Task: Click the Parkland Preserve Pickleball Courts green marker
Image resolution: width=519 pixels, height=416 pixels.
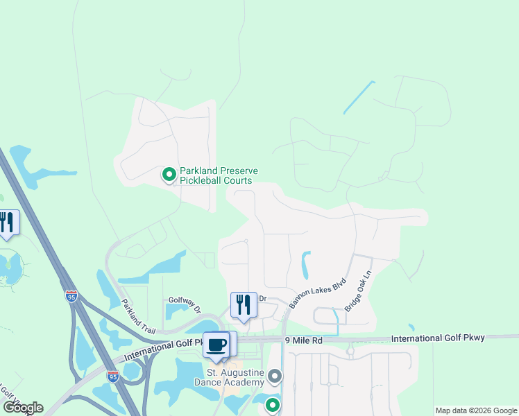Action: click(169, 175)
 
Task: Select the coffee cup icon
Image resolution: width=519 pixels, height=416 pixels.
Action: click(216, 345)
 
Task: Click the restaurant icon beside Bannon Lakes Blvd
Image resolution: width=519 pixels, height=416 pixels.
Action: click(244, 305)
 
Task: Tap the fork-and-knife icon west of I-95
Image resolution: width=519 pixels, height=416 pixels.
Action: click(7, 223)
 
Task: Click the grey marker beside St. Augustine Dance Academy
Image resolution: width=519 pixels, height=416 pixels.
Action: click(275, 377)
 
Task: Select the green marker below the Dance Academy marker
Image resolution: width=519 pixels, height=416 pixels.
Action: click(273, 405)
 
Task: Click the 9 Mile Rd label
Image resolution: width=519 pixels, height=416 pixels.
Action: click(304, 340)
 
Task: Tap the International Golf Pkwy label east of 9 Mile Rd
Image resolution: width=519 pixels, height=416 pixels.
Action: click(438, 338)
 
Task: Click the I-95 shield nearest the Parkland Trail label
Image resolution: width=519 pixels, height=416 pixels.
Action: click(71, 296)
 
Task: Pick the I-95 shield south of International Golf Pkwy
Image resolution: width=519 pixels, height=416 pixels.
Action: click(113, 376)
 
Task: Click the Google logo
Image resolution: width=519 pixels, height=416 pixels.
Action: click(23, 407)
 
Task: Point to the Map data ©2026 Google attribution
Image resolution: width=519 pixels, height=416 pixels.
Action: click(475, 410)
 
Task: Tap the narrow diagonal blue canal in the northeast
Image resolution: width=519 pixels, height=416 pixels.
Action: click(359, 98)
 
